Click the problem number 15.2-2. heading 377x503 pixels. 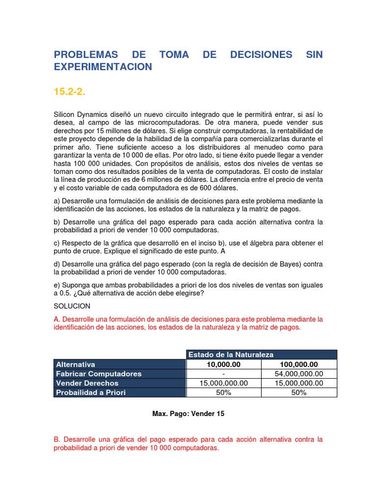70,91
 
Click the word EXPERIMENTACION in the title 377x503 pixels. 103,67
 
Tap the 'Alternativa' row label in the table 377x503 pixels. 76,364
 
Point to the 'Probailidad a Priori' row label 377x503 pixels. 91,392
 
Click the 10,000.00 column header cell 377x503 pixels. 223,364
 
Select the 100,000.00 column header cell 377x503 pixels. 299,364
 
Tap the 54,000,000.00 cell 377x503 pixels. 299,374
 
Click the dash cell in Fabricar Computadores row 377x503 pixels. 223,374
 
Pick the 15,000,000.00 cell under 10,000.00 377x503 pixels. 223,383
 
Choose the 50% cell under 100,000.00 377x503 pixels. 299,392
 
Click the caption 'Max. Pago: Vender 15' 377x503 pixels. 188,414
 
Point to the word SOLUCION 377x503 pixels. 72,306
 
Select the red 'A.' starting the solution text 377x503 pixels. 56,319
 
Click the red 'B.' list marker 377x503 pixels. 56,439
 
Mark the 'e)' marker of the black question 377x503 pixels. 57,285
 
